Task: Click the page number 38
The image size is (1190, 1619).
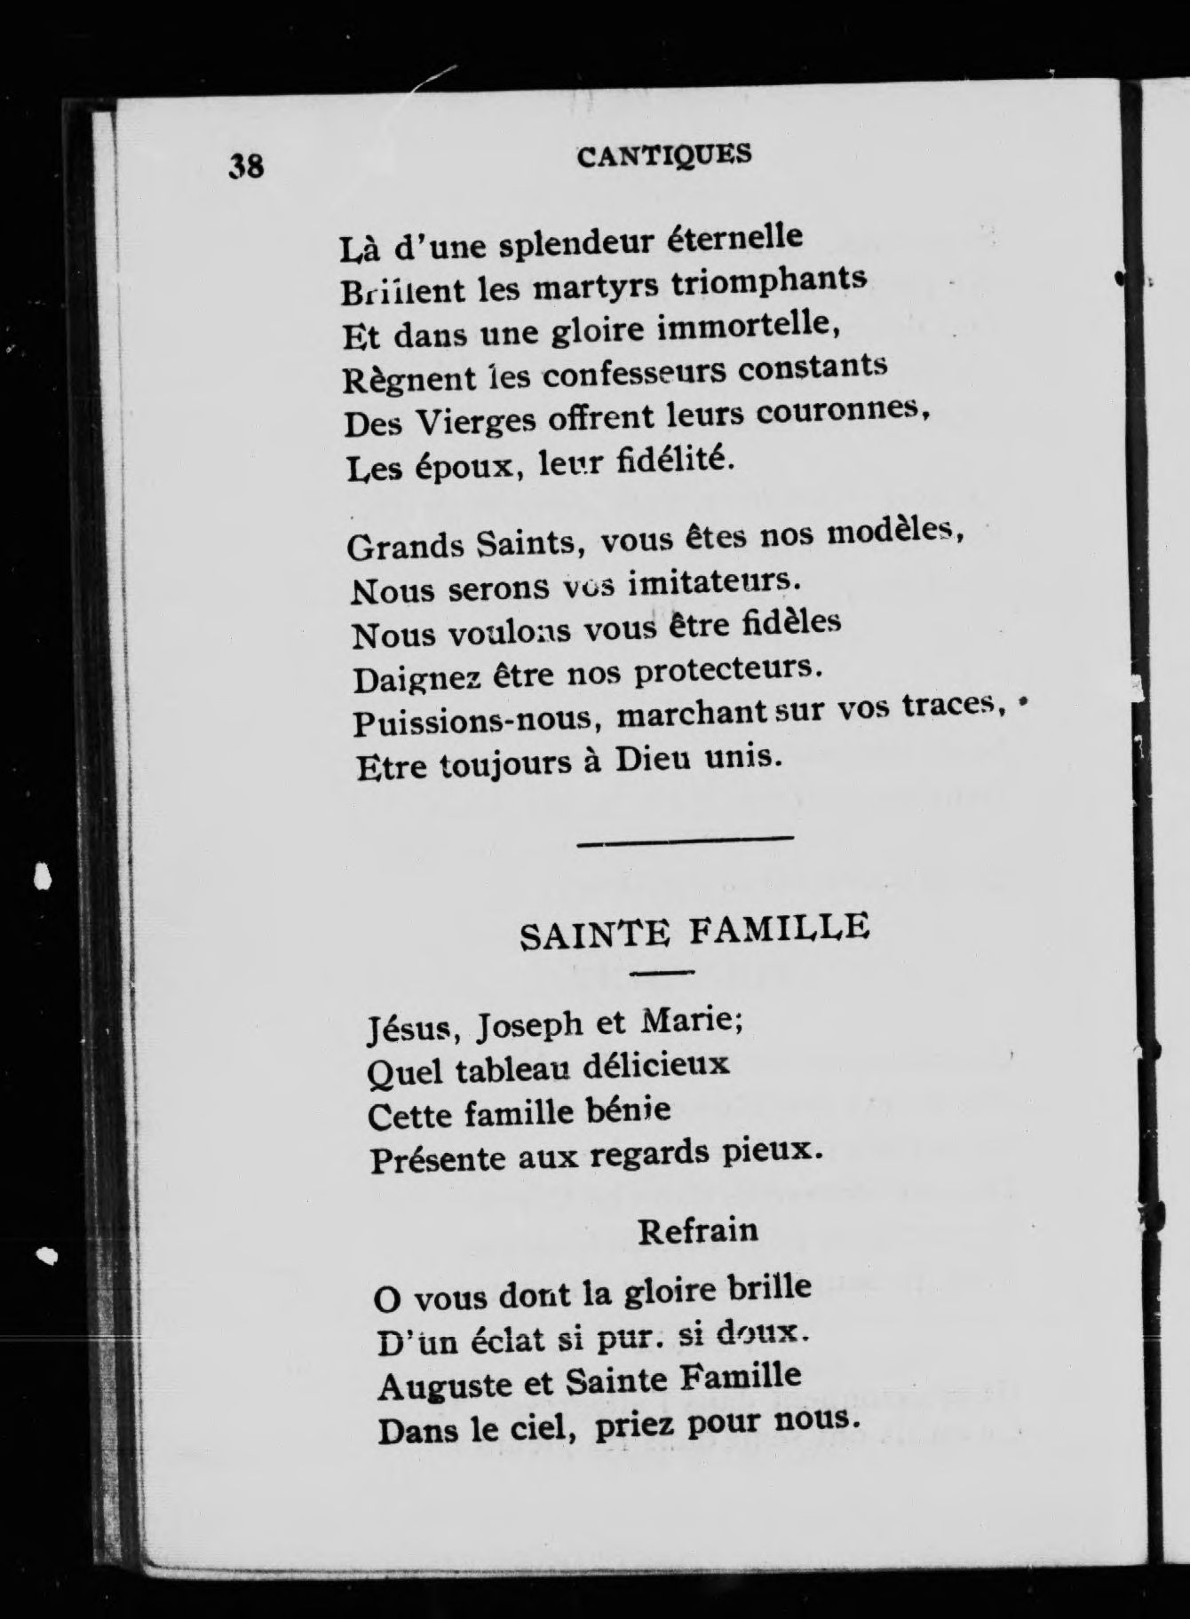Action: tap(247, 165)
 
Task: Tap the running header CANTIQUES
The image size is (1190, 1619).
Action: tap(663, 155)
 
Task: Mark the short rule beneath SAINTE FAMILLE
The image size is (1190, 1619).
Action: tap(662, 974)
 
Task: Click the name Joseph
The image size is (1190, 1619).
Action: tap(528, 1028)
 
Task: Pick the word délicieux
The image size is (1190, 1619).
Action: tap(655, 1064)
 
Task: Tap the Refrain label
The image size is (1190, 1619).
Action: tap(698, 1230)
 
